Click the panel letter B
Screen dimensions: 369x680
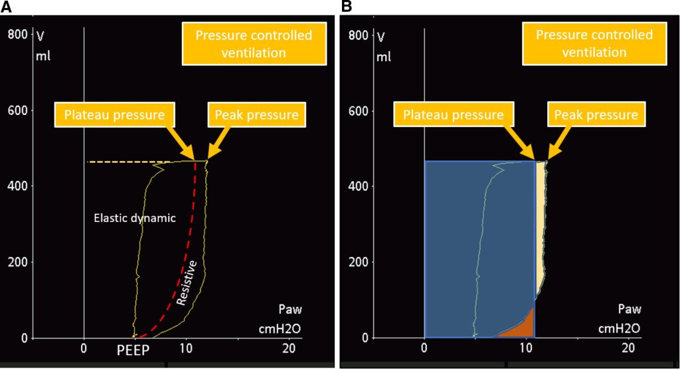346,7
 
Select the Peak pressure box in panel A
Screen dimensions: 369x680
256,115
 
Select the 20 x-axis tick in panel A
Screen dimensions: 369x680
289,348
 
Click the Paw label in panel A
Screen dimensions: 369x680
291,309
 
